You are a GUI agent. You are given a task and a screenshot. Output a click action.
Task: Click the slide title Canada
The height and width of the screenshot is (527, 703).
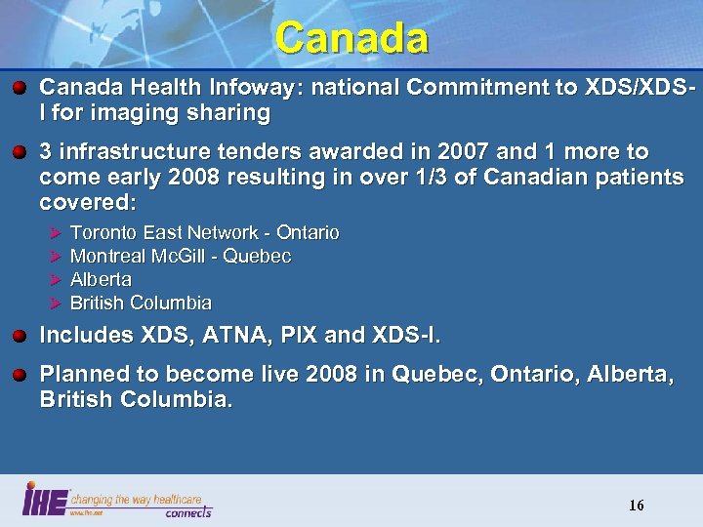click(x=351, y=38)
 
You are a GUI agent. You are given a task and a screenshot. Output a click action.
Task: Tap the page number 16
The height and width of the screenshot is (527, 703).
click(x=637, y=505)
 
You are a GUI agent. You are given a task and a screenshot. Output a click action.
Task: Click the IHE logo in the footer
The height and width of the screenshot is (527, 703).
click(x=45, y=498)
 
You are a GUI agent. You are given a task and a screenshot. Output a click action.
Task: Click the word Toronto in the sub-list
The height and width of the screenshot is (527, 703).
click(x=104, y=232)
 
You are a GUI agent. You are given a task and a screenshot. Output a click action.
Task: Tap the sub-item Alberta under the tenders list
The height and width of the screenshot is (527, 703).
click(x=101, y=279)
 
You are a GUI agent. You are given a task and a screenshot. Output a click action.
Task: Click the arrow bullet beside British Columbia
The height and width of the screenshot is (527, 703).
click(x=55, y=303)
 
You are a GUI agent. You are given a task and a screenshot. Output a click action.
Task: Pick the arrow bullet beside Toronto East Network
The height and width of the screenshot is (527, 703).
click(x=55, y=232)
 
